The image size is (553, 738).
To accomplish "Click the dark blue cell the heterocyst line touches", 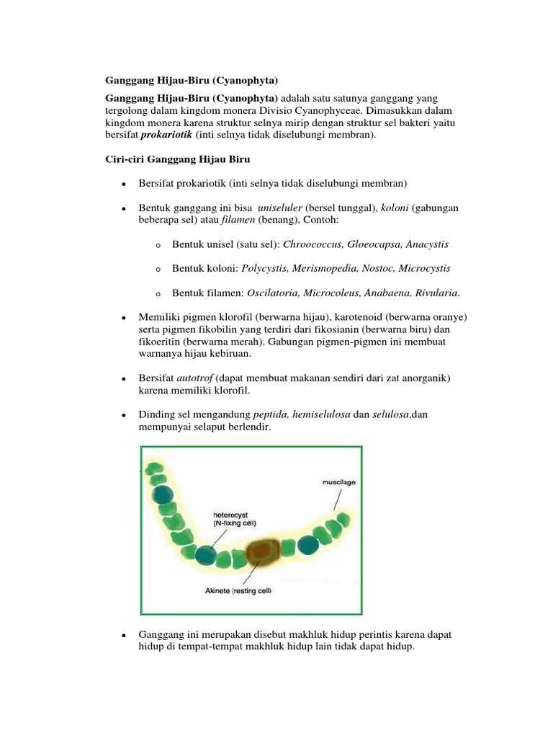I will pos(205,555).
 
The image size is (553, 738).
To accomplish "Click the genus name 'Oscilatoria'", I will pos(273,293).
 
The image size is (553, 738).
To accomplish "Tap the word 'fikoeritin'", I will pos(161,342).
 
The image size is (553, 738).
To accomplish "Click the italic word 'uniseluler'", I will pos(278,208).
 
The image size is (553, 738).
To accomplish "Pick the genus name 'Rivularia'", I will pos(430,293).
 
